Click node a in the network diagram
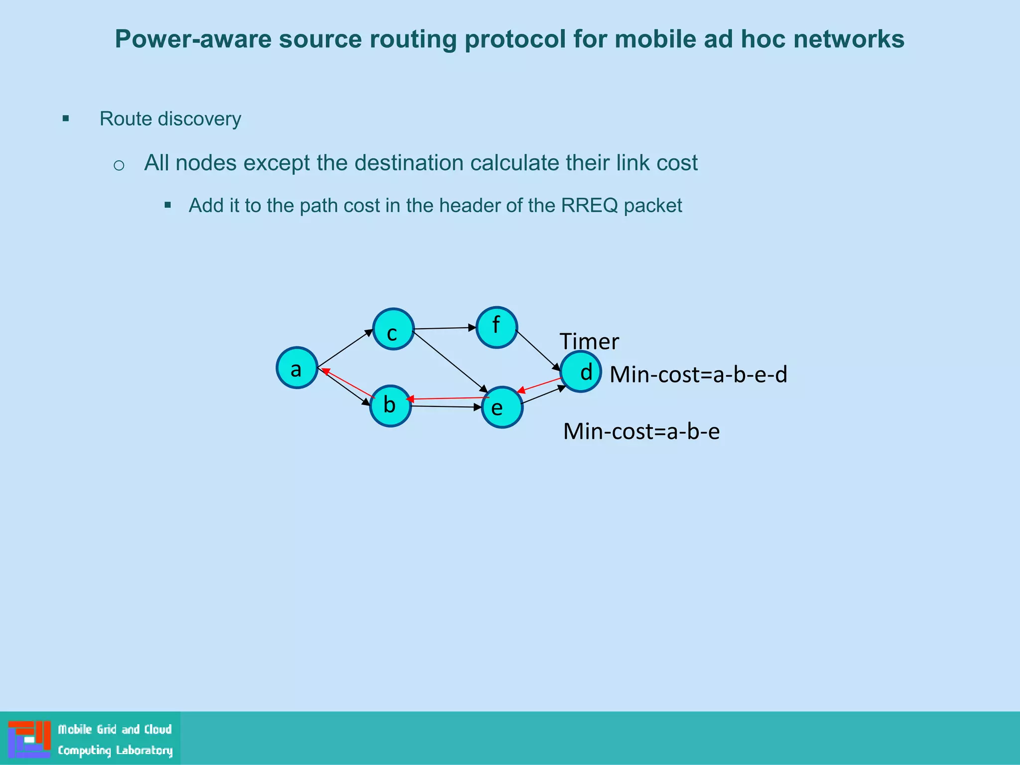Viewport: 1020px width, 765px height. [x=297, y=368]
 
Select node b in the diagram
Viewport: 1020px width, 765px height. [x=390, y=406]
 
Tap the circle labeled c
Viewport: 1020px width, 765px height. [x=393, y=329]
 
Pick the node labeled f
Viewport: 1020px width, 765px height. [x=497, y=327]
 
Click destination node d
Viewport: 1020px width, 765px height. [x=581, y=372]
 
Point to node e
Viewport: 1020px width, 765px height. [x=502, y=407]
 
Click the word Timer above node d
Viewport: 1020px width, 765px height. [x=589, y=342]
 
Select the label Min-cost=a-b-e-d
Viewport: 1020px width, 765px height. [x=698, y=375]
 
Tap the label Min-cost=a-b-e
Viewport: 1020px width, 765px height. [x=641, y=431]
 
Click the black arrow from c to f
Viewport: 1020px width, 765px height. [x=445, y=328]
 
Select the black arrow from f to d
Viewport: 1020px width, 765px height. [x=538, y=351]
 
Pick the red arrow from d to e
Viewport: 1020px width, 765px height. [x=540, y=385]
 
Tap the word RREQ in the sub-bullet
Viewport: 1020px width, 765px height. [x=589, y=206]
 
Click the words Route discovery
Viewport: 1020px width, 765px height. [x=170, y=119]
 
